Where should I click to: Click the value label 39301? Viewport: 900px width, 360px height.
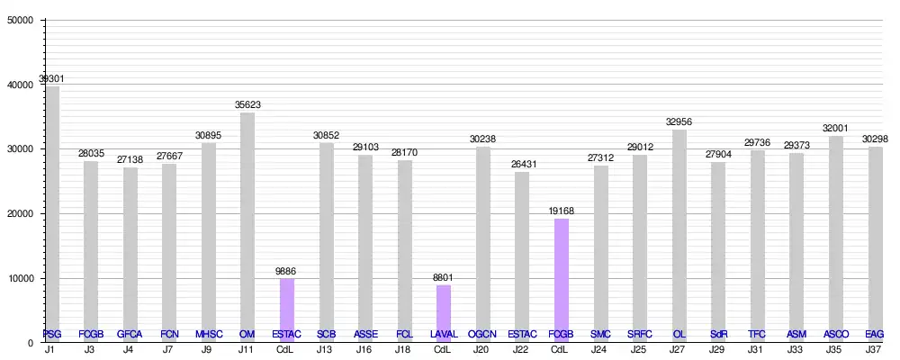point(52,78)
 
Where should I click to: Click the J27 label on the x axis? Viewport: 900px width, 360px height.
point(679,349)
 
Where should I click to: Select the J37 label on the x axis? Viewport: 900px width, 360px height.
point(874,349)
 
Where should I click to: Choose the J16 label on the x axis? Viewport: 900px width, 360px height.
point(364,349)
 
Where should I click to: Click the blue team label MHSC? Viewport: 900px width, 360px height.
point(209,335)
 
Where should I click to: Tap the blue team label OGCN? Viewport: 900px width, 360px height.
point(482,335)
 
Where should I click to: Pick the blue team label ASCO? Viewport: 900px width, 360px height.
point(835,335)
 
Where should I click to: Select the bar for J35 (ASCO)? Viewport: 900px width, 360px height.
point(835,238)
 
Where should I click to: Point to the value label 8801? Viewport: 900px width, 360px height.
point(443,277)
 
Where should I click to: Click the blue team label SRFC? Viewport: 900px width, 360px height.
point(640,335)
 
